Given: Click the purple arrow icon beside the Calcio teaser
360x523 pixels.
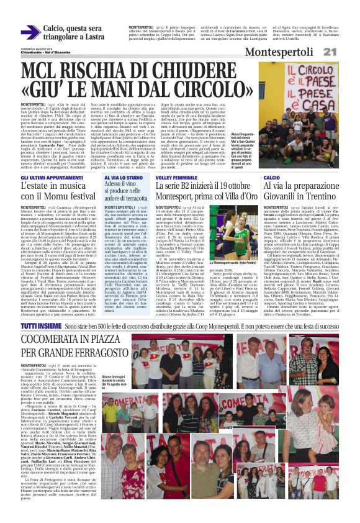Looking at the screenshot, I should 30,33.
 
